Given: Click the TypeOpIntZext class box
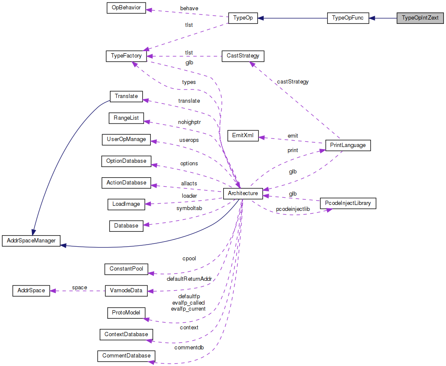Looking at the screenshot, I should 420,18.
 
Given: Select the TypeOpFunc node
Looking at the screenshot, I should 348,18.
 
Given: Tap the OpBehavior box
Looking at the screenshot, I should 126,8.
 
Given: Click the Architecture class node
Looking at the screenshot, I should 243,193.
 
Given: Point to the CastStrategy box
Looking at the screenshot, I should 243,56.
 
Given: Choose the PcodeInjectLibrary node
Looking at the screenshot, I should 348,203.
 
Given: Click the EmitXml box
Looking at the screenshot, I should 243,136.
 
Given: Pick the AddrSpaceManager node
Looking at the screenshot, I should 32,241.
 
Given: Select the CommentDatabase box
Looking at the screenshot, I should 126,355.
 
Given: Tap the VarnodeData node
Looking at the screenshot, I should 126,291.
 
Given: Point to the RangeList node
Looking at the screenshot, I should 126,118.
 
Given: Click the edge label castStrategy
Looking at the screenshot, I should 293,81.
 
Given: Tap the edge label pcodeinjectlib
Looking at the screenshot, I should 293,209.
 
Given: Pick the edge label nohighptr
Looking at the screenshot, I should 190,122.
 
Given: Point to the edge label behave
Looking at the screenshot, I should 189,8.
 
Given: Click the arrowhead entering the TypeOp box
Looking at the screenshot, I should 261,18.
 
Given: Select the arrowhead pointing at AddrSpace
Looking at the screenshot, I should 53,291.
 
